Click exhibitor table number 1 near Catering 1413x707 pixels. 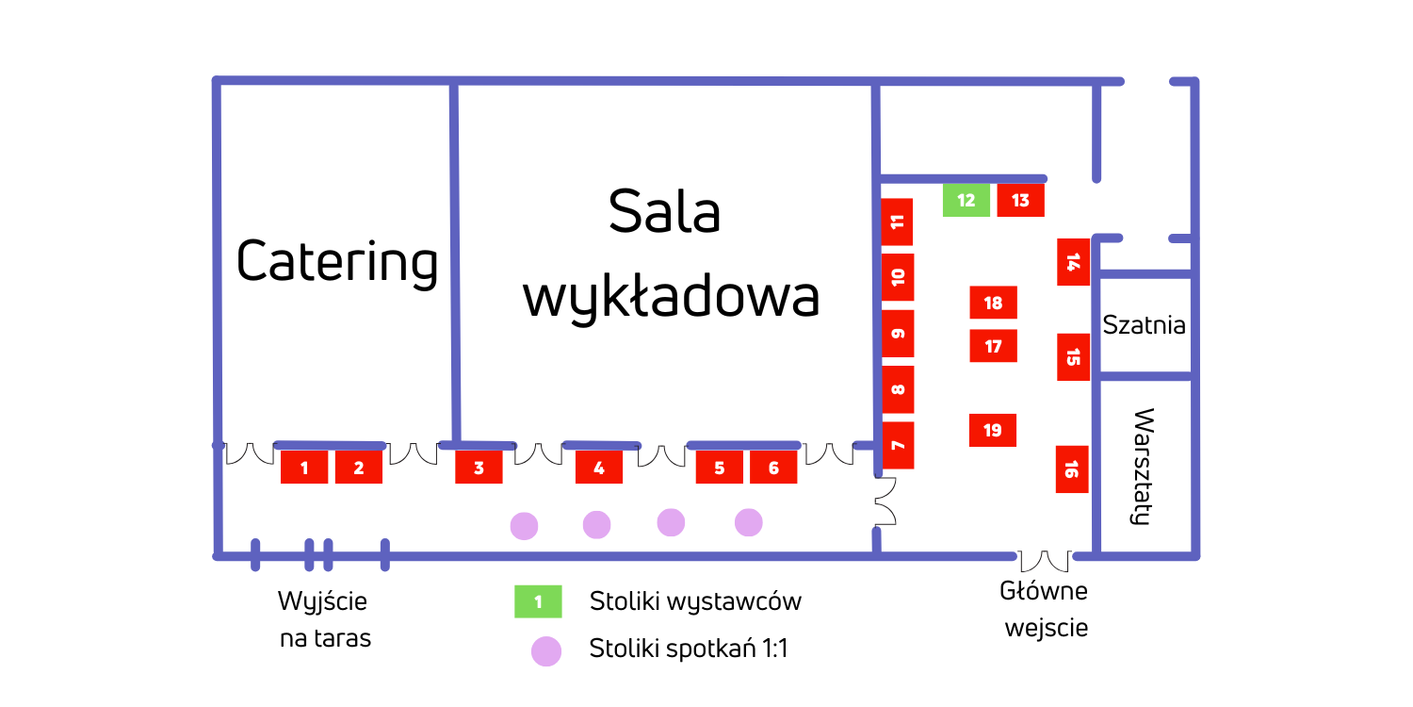[x=304, y=468]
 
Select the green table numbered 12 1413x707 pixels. [x=966, y=201]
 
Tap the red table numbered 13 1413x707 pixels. [x=1020, y=201]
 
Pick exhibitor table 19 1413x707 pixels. [x=993, y=430]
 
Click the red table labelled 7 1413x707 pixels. [x=898, y=446]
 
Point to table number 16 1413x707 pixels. [x=1072, y=469]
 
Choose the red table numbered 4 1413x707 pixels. [x=599, y=468]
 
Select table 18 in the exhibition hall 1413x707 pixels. [x=993, y=303]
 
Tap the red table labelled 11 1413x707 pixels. [x=898, y=222]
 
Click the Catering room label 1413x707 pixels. [x=337, y=261]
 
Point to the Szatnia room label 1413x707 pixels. [x=1144, y=325]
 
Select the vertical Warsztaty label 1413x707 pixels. [x=1143, y=466]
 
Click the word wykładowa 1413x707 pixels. [x=671, y=297]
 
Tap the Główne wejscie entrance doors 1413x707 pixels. [x=1045, y=561]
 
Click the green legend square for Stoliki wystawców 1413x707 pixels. [x=538, y=601]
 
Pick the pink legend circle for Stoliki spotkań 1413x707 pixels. [x=545, y=651]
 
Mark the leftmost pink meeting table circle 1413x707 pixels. [x=524, y=526]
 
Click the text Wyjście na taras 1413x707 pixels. [x=324, y=619]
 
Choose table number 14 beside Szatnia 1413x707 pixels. [x=1073, y=262]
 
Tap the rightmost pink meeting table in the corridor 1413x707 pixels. [x=748, y=522]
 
